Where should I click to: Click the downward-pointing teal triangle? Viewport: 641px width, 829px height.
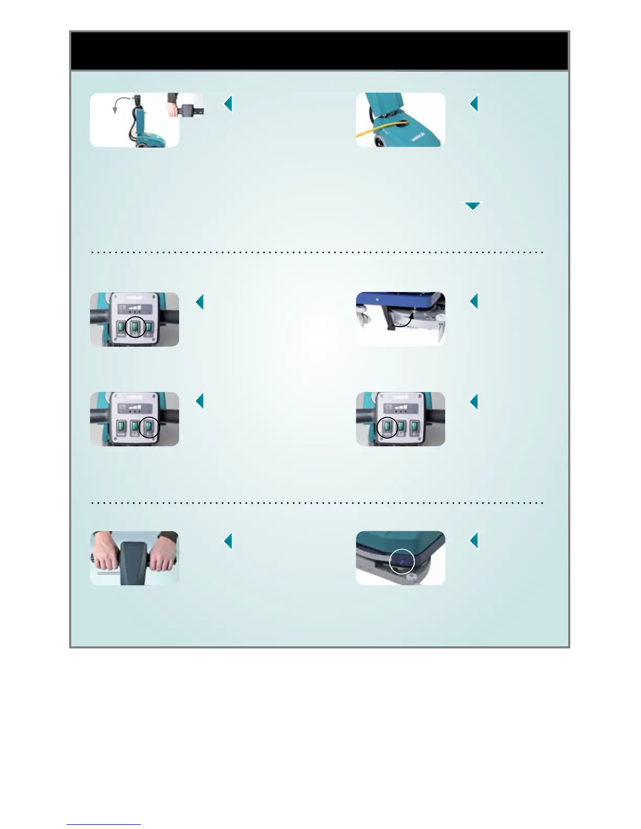point(472,206)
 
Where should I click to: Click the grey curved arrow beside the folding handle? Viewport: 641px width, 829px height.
point(118,103)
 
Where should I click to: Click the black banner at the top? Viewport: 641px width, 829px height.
point(319,51)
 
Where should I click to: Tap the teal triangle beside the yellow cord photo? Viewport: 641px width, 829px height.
point(474,104)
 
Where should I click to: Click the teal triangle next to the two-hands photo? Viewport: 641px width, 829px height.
point(228,541)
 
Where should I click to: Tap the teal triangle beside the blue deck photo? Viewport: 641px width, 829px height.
point(474,301)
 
